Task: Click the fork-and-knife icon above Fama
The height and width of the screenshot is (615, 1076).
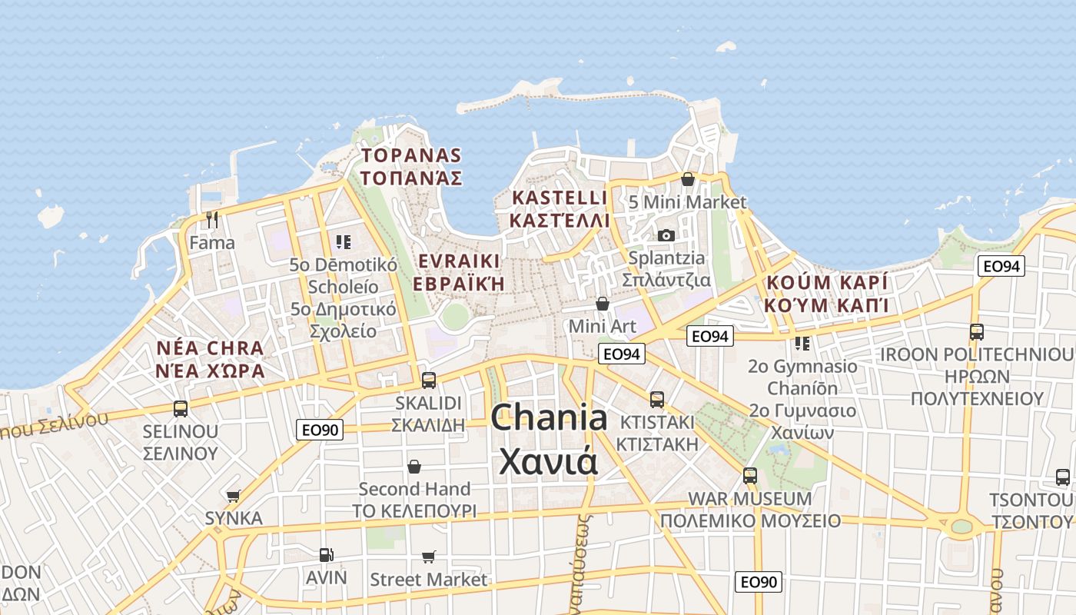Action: tap(212, 220)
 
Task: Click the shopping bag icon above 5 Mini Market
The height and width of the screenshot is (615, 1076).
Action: tap(688, 179)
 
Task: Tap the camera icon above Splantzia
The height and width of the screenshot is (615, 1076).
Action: tap(666, 235)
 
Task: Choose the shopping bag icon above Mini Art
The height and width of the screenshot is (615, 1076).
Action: tap(603, 304)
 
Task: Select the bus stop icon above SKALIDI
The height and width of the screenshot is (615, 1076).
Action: tap(429, 380)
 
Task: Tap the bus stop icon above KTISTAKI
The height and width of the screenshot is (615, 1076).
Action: tap(657, 399)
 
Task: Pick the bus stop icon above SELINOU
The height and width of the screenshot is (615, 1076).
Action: tap(181, 408)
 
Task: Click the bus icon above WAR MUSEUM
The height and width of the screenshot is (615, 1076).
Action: tap(750, 475)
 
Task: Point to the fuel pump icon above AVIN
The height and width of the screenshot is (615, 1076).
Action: tap(326, 554)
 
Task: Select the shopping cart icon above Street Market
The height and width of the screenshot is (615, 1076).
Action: tap(429, 556)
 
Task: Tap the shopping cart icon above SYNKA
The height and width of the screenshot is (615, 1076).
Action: tap(234, 496)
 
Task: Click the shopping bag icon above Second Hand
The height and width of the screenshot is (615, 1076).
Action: tap(414, 467)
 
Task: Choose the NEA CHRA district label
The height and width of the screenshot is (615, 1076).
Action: tap(210, 359)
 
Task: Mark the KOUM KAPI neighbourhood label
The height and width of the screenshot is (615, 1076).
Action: tap(827, 294)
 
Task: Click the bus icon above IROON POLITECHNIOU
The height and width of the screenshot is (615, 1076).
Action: tap(977, 332)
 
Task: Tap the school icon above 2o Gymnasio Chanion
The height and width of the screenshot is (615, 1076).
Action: tap(802, 343)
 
